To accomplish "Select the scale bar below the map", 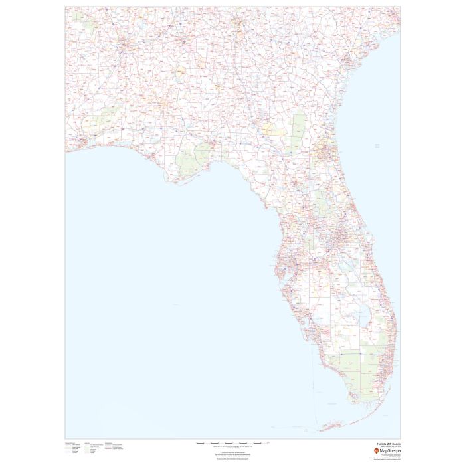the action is click(x=234, y=443).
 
